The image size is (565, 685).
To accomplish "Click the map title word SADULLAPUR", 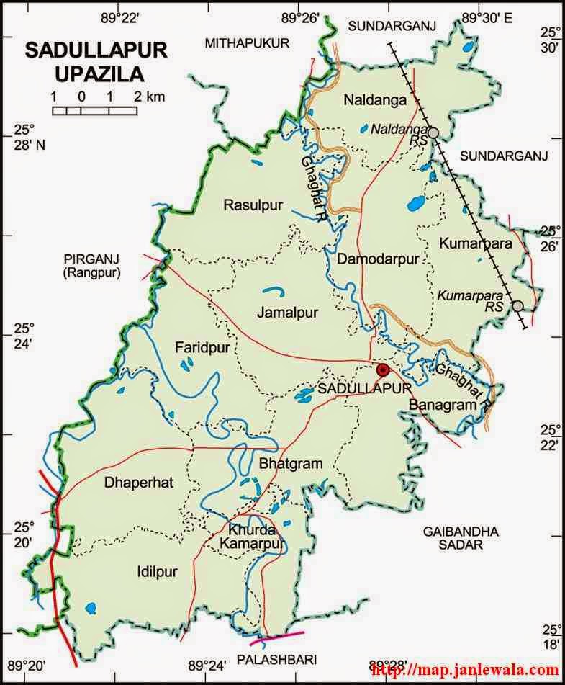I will [x=96, y=50].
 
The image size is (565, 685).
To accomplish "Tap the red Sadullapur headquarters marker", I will [x=384, y=370].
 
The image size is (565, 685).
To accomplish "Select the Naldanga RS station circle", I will [x=434, y=133].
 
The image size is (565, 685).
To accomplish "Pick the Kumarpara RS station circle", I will [x=517, y=306].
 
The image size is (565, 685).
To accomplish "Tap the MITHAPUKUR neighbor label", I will [x=247, y=43].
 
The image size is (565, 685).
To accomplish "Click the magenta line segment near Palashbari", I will [x=279, y=636].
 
